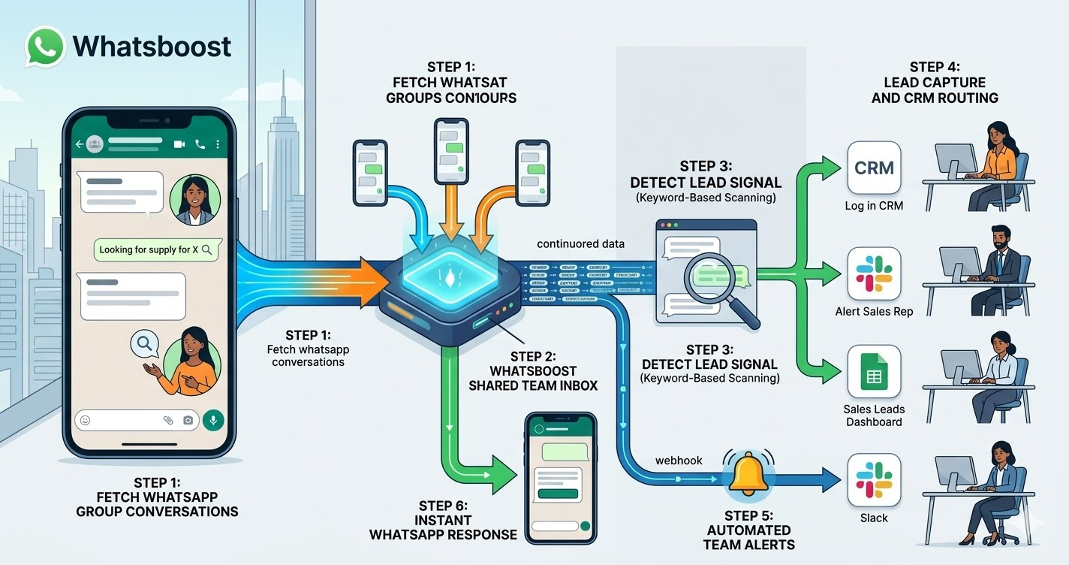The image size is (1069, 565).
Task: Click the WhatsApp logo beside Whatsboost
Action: tap(45, 47)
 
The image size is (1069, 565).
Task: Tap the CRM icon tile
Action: tap(874, 168)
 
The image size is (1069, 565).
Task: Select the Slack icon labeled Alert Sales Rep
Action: tap(874, 273)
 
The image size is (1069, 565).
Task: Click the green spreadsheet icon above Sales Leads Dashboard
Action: tap(874, 372)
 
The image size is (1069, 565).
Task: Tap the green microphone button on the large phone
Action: tap(213, 421)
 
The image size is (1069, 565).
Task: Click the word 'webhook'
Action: tap(679, 460)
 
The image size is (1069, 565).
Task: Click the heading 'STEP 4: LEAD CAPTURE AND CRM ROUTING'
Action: tap(935, 83)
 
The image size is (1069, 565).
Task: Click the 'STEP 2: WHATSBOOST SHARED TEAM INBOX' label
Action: tap(532, 370)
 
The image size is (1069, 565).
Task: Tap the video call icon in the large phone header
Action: tap(179, 144)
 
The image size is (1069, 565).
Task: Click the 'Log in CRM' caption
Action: tap(874, 205)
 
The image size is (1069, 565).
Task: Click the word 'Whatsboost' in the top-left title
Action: tap(152, 47)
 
